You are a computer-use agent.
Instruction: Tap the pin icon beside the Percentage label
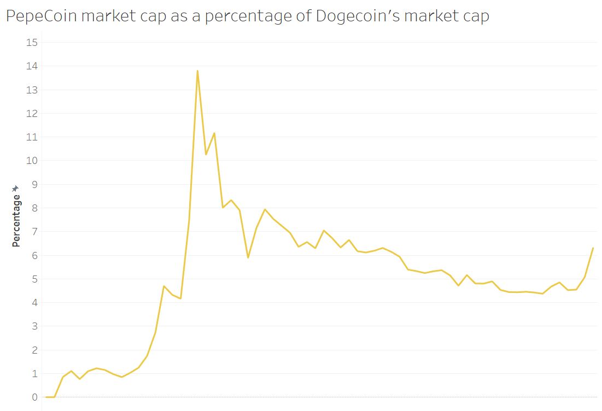click(16, 189)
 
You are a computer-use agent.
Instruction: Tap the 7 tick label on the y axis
click(34, 232)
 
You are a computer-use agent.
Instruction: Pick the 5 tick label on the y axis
click(34, 279)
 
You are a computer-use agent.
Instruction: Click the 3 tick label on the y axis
click(34, 326)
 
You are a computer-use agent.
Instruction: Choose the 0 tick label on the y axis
click(34, 397)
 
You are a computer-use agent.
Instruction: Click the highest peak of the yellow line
click(197, 71)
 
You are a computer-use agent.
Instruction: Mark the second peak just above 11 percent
click(214, 133)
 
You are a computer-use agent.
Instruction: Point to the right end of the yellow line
click(593, 248)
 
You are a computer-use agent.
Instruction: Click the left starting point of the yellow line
click(46, 397)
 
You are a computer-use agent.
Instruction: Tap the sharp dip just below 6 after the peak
click(248, 257)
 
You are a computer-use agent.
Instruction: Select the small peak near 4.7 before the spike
click(163, 286)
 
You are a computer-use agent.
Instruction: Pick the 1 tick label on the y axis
click(34, 374)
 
